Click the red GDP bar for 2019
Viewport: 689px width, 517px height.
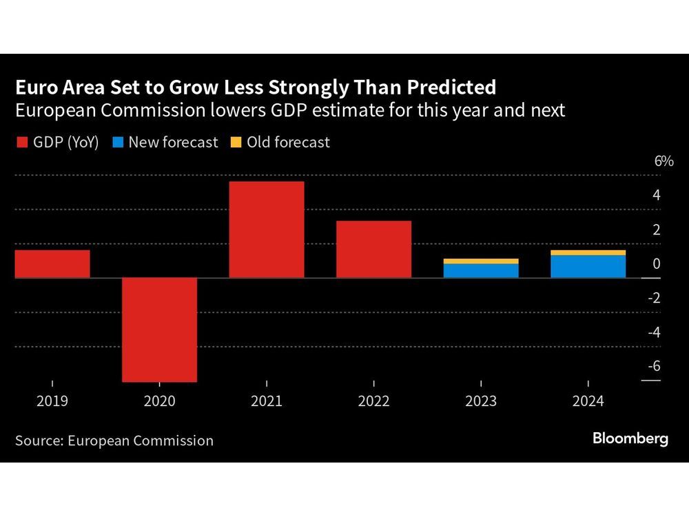[52, 264]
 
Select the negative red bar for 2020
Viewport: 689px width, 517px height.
[159, 330]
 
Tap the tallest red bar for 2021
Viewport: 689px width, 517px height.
[267, 230]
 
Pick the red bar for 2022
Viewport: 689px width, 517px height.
[373, 250]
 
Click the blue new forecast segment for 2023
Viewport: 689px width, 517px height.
[481, 270]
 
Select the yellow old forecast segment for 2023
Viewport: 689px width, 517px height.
[481, 261]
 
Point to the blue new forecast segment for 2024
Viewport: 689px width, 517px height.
[588, 266]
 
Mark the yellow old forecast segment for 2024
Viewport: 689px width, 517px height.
[588, 253]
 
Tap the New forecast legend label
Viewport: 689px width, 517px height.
[173, 143]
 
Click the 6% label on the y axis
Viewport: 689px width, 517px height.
[663, 161]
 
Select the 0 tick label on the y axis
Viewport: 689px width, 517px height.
[656, 263]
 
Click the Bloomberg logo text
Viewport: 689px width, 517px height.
[630, 439]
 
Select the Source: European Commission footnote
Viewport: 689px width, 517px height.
[114, 440]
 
